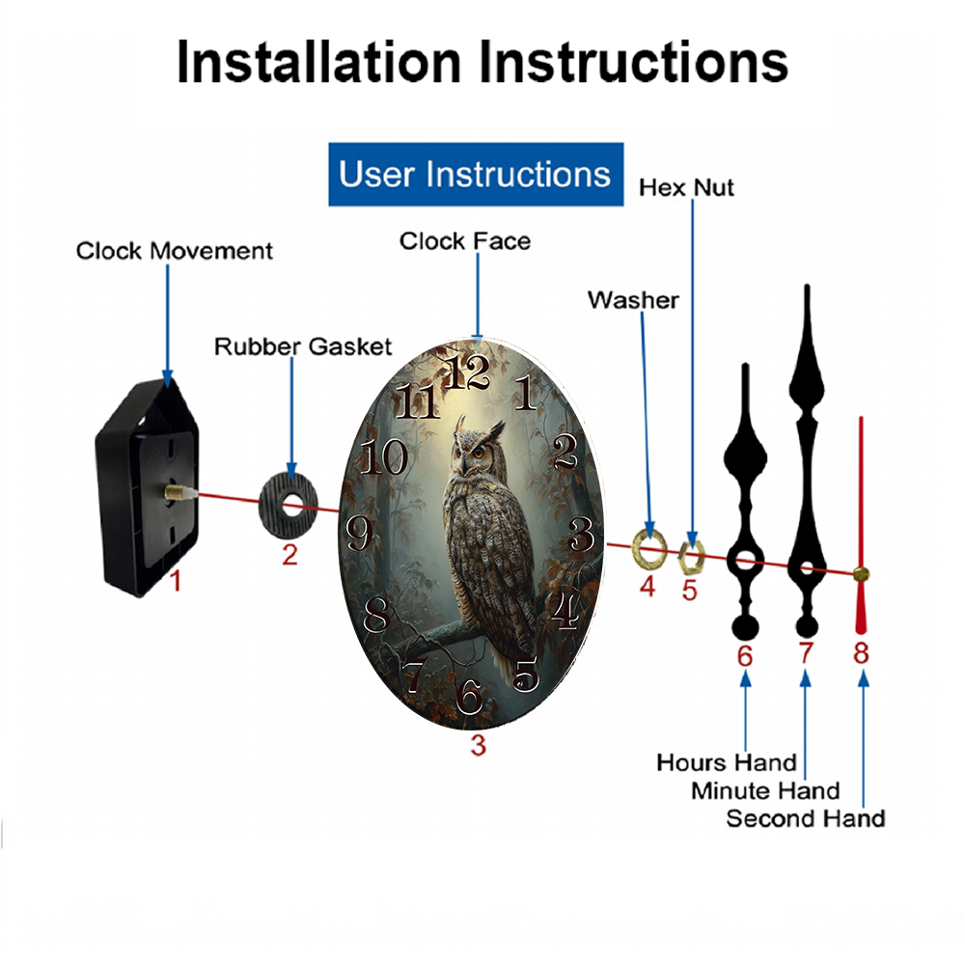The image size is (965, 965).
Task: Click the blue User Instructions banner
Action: click(476, 174)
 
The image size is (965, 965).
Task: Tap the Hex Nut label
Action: click(686, 188)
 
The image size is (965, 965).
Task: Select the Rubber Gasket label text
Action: click(303, 346)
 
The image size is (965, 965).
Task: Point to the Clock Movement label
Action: click(174, 251)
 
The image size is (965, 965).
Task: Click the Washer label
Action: click(633, 300)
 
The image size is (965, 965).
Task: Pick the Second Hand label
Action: click(806, 818)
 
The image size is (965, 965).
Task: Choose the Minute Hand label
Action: click(765, 790)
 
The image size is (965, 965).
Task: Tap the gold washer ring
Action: click(649, 548)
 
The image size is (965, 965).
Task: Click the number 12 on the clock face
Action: click(467, 372)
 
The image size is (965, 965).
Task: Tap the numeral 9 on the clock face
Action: click(358, 533)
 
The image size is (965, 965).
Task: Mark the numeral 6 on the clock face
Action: click(470, 696)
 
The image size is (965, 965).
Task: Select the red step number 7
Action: click(806, 653)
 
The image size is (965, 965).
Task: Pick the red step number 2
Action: click(289, 555)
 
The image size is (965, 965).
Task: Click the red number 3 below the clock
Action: click(479, 745)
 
